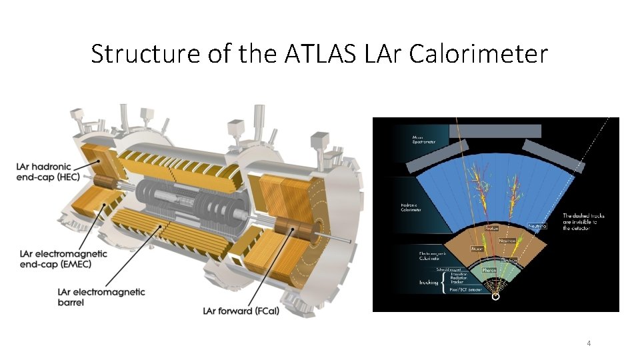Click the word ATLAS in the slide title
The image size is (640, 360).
325,53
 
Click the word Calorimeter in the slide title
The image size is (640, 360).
478,53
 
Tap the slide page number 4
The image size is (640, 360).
589,343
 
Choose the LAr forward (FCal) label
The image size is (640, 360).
237,310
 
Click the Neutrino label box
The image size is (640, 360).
537,227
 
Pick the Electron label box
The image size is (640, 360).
509,261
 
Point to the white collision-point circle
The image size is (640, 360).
496,298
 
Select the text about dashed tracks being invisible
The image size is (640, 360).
585,222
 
